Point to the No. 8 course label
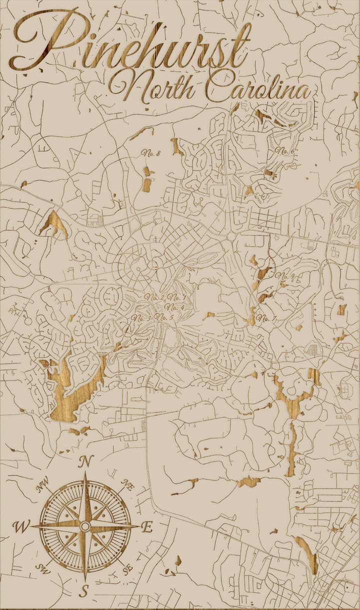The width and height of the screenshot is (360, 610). coord(150,153)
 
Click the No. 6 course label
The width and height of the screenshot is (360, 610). coord(283,151)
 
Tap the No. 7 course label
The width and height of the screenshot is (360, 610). coord(266,318)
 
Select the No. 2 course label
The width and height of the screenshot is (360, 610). coord(154,298)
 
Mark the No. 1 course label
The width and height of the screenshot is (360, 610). coord(177,298)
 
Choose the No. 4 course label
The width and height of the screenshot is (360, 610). coord(174,307)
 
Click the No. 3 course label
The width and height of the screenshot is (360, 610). coord(142,318)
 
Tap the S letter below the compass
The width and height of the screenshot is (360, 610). coord(84,591)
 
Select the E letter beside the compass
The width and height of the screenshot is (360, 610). coord(147,527)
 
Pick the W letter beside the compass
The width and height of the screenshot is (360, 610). coord(21,526)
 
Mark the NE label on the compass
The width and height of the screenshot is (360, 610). coord(127,484)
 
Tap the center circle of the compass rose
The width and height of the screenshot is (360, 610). coord(85,526)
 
